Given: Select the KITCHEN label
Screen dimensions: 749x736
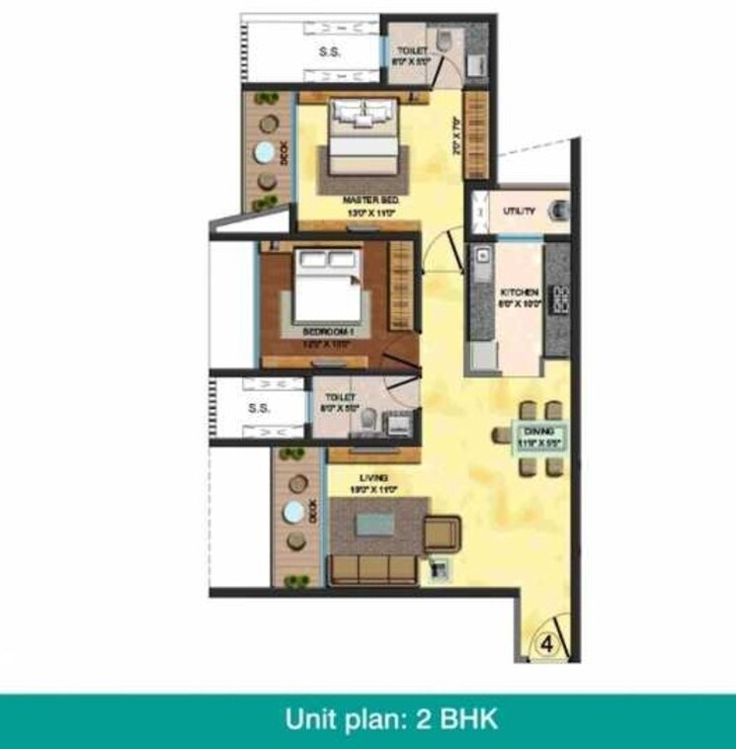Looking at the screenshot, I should [519, 293].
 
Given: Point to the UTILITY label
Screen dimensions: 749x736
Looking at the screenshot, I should [518, 211].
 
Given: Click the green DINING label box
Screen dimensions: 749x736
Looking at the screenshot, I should [538, 438].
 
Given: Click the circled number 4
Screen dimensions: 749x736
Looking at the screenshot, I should [546, 643].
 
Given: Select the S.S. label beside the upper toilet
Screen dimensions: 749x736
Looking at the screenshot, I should [329, 53].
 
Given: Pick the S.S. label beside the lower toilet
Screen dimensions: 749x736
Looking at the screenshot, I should [259, 407].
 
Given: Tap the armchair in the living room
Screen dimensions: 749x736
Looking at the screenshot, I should [442, 535].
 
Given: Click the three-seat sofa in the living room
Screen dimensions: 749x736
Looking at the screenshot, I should [372, 570].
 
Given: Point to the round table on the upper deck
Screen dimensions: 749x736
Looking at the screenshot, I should [265, 154].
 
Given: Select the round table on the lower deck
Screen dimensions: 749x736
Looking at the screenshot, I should [294, 514].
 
